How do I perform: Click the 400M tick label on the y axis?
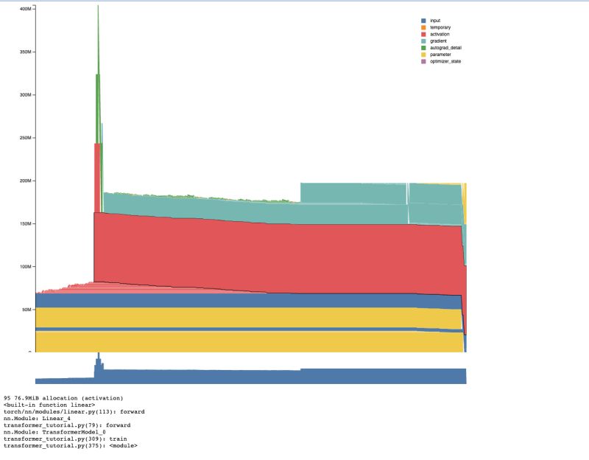24,9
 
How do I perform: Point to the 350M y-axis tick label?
24,52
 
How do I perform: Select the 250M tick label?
24,138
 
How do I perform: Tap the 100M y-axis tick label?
24,266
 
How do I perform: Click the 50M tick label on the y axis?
26,309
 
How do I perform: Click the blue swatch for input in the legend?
423,21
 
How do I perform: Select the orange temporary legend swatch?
423,27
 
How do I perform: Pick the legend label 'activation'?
440,34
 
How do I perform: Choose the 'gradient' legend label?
439,41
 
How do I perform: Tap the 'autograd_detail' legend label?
445,47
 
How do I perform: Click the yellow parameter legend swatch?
423,55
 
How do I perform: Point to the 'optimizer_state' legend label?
445,61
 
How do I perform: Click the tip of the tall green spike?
98,6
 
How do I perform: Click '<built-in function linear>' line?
49,405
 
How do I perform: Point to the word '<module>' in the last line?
122,445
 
